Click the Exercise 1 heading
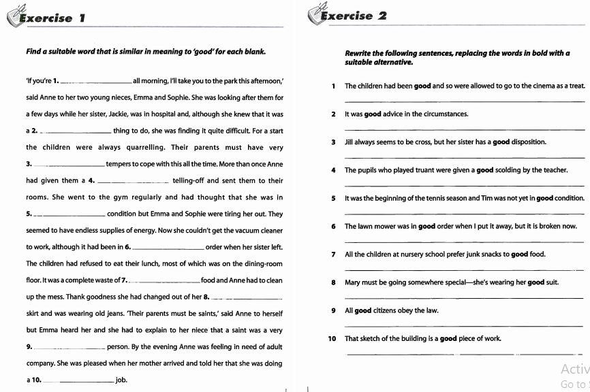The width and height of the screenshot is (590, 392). [52, 18]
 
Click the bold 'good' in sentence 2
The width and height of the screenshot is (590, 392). [373, 114]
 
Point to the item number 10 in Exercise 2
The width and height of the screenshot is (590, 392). [332, 338]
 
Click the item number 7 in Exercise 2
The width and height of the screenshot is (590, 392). [334, 255]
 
